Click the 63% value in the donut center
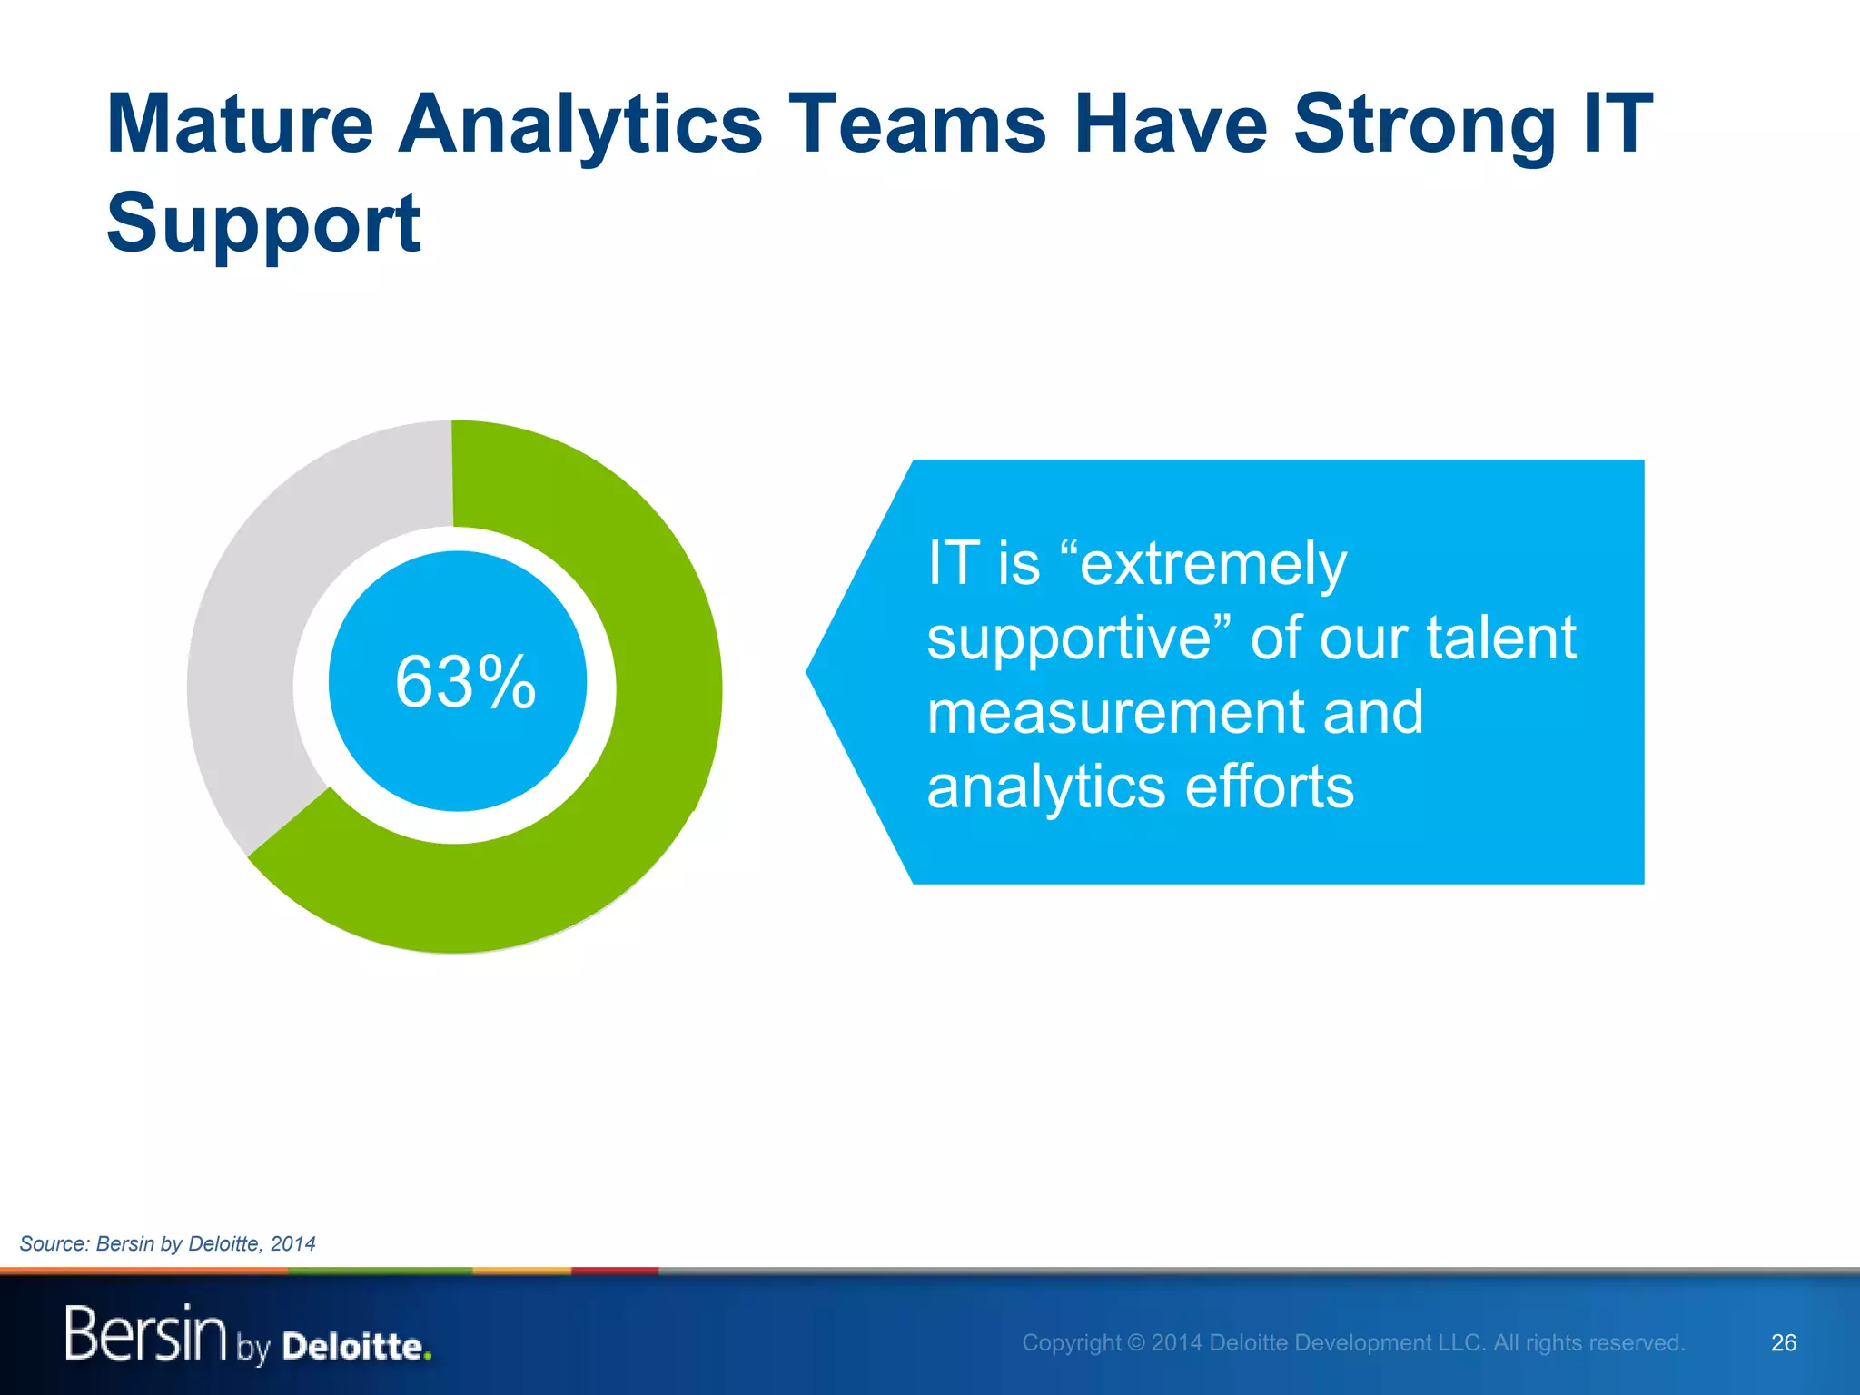coord(465,682)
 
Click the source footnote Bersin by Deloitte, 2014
coord(168,1243)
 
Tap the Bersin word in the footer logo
coord(145,1333)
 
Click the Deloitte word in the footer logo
coord(351,1346)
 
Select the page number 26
coord(1783,1342)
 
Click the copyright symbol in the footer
coord(1136,1342)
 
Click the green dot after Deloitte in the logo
coord(428,1357)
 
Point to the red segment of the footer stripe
coord(614,1271)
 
